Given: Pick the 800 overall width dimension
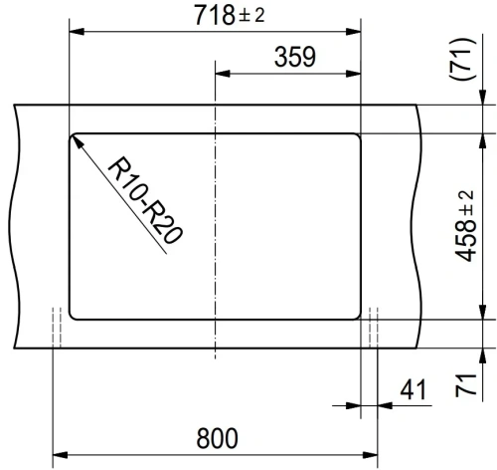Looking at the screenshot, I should (x=218, y=437).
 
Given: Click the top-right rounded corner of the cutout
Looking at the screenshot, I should (x=356, y=136).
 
